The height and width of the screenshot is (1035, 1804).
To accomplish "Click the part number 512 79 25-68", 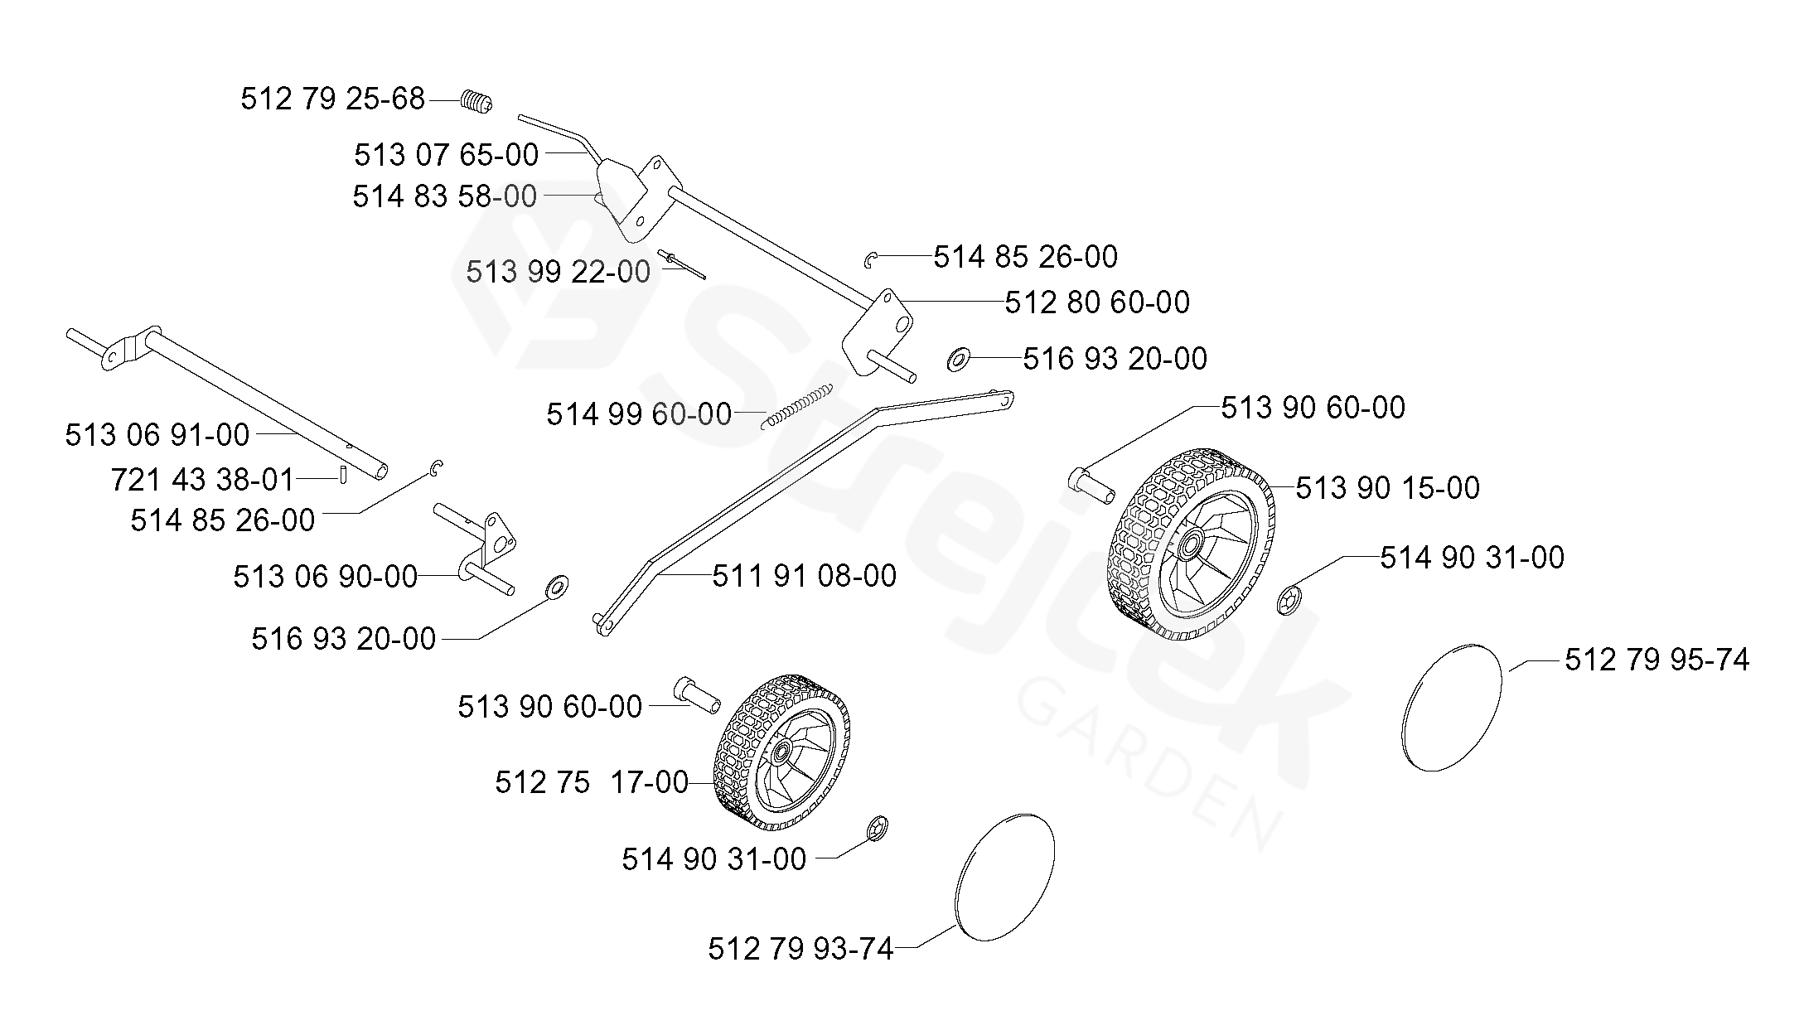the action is (x=332, y=99).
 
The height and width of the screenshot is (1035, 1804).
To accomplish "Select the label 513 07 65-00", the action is (x=447, y=155).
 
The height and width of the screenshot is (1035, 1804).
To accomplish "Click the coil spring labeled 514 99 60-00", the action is (x=796, y=407).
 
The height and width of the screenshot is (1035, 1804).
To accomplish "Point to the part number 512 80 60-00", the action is (x=1097, y=302).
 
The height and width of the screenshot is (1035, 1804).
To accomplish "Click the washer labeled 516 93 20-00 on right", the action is (x=959, y=360).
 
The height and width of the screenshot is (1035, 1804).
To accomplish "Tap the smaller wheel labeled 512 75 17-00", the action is (x=781, y=751).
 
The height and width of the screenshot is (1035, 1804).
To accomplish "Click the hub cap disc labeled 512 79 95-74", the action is (x=1453, y=708).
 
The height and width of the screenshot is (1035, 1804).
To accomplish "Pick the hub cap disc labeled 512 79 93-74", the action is (x=1004, y=877).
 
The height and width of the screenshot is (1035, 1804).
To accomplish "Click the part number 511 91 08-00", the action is (x=804, y=576).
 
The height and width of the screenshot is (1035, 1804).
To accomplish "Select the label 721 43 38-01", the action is (x=202, y=479).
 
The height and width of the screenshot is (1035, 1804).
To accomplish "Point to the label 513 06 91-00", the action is (x=157, y=435).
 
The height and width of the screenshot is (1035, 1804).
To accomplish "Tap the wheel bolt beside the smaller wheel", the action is (x=697, y=694).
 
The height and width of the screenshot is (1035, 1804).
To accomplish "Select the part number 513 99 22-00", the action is (x=558, y=272).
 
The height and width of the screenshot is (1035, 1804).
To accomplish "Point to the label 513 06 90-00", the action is (x=325, y=577).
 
